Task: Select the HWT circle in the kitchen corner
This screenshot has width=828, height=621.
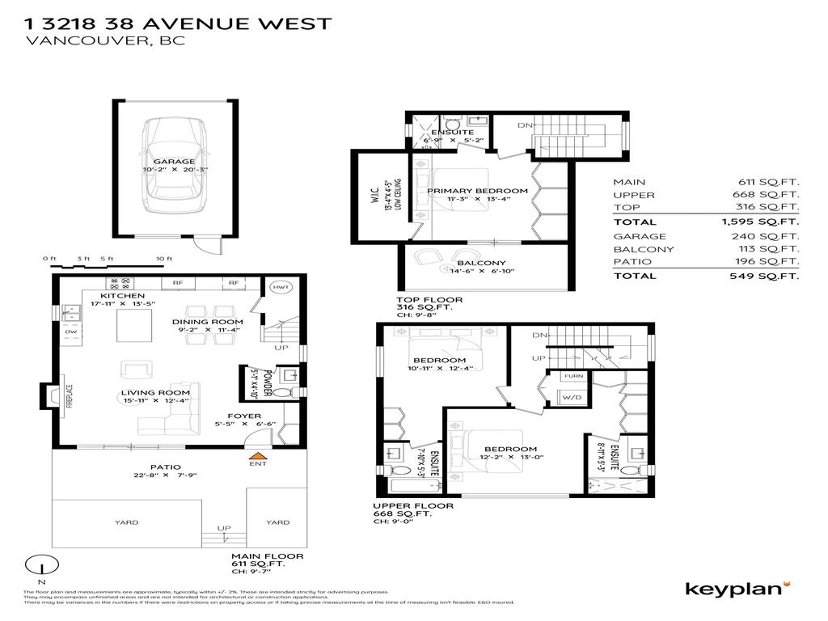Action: (x=281, y=288)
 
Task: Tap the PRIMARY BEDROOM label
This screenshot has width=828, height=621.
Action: (x=477, y=191)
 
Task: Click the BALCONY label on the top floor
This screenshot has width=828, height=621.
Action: (x=481, y=263)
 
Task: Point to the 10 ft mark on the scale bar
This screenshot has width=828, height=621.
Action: (x=164, y=259)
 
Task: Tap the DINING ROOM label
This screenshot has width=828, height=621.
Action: (x=208, y=321)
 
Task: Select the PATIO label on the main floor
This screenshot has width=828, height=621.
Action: (x=165, y=467)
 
